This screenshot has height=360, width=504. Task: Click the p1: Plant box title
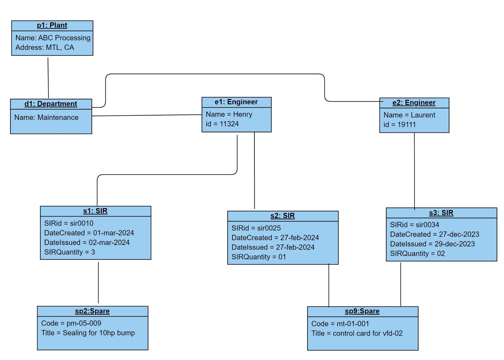coord(52,26)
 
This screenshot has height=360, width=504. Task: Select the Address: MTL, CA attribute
coord(45,48)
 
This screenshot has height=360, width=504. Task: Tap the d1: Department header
coord(51,104)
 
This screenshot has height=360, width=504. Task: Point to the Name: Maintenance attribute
coord(46,118)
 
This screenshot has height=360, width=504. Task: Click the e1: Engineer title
coord(236,102)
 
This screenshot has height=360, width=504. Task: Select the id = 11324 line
coord(222,124)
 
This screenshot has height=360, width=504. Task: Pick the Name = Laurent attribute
coord(409,115)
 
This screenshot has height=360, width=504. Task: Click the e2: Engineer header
coord(414,103)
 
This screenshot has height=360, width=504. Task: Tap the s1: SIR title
coord(95,211)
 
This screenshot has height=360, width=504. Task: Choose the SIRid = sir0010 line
coord(69,224)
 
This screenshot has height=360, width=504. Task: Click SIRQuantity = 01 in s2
coord(259,257)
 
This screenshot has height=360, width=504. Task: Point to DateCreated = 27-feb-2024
coord(275,238)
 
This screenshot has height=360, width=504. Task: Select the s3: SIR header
coord(441,213)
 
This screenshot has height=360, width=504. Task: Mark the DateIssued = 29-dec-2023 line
coord(432,244)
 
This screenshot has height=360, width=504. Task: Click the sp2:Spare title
coord(92,311)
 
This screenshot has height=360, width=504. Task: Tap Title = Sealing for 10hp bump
coord(88,333)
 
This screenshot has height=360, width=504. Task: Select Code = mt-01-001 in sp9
coord(340,324)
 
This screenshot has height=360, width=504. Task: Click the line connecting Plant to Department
coord(48,78)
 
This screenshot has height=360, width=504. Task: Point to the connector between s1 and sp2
coord(98,282)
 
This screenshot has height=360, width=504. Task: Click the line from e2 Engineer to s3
coord(414,170)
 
